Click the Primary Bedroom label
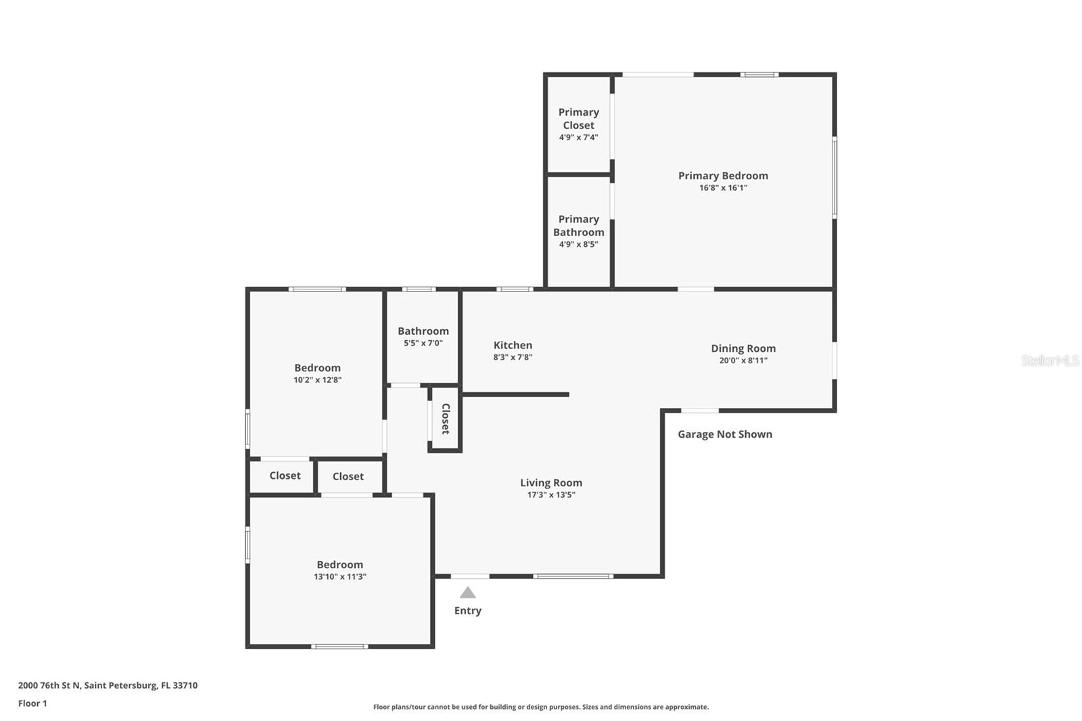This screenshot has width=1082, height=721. [x=723, y=176]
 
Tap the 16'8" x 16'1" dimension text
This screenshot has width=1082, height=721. [x=723, y=188]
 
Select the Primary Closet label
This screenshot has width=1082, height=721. [x=578, y=118]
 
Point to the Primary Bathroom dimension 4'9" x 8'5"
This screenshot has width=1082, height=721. [x=578, y=244]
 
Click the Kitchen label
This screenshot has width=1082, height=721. [x=513, y=345]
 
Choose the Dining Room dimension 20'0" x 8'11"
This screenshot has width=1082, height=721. [x=743, y=360]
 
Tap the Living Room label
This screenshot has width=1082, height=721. [x=550, y=482]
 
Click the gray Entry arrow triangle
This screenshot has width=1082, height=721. [x=467, y=593]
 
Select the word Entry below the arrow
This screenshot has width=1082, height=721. [x=467, y=610]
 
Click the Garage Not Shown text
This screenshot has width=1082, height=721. [x=725, y=434]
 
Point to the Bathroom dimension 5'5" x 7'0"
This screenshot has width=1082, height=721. [x=423, y=343]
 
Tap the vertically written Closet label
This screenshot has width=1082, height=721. [x=446, y=419]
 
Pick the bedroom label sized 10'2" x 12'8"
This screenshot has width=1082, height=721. [x=317, y=368]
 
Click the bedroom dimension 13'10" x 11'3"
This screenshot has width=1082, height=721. [x=339, y=577]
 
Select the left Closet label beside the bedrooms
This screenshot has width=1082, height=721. [x=285, y=475]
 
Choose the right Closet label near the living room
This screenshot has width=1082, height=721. [x=348, y=476]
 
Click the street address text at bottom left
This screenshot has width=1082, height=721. [x=108, y=685]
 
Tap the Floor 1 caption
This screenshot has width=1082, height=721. [x=32, y=703]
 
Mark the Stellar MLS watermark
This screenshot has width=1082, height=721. [x=1050, y=360]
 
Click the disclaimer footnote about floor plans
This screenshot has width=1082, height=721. [x=541, y=707]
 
